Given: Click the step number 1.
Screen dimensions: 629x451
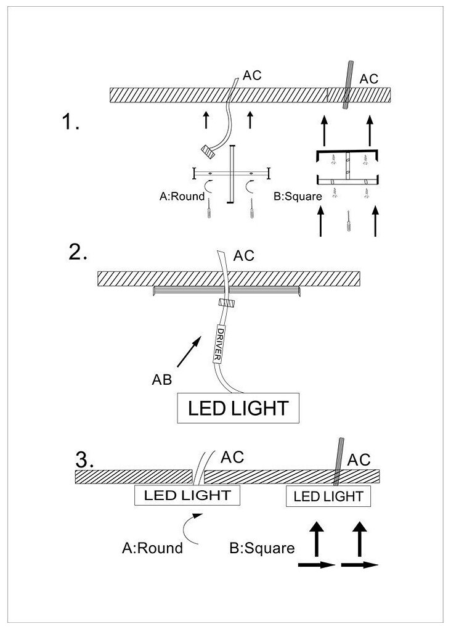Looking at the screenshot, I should pyautogui.click(x=70, y=123).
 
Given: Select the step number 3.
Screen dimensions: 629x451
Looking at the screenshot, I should pyautogui.click(x=84, y=459).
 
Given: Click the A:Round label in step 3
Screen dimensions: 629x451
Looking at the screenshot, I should pyautogui.click(x=152, y=548).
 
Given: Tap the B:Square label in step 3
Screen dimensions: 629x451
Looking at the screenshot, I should pyautogui.click(x=261, y=548).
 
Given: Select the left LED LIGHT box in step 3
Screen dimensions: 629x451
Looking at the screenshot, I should pyautogui.click(x=187, y=495).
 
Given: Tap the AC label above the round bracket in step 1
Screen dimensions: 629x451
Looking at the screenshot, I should pyautogui.click(x=252, y=76).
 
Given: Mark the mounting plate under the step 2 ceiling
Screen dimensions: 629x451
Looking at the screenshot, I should pyautogui.click(x=225, y=290).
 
